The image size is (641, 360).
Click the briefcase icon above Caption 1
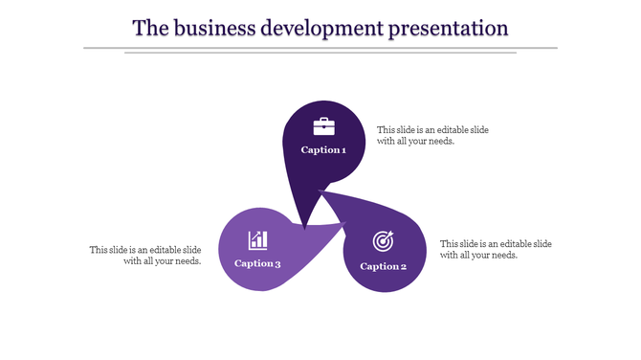324,126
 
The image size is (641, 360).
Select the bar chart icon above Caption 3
257,239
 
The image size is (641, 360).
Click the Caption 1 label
323,150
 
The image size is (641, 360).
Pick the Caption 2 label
384,266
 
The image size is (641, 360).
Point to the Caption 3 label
257,264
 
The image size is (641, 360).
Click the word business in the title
216,28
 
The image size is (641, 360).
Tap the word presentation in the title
448,28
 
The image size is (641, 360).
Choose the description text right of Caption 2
496,249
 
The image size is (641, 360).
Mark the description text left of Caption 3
145,256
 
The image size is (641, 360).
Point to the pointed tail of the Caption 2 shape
320,191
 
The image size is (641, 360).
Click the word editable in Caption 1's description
454,129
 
